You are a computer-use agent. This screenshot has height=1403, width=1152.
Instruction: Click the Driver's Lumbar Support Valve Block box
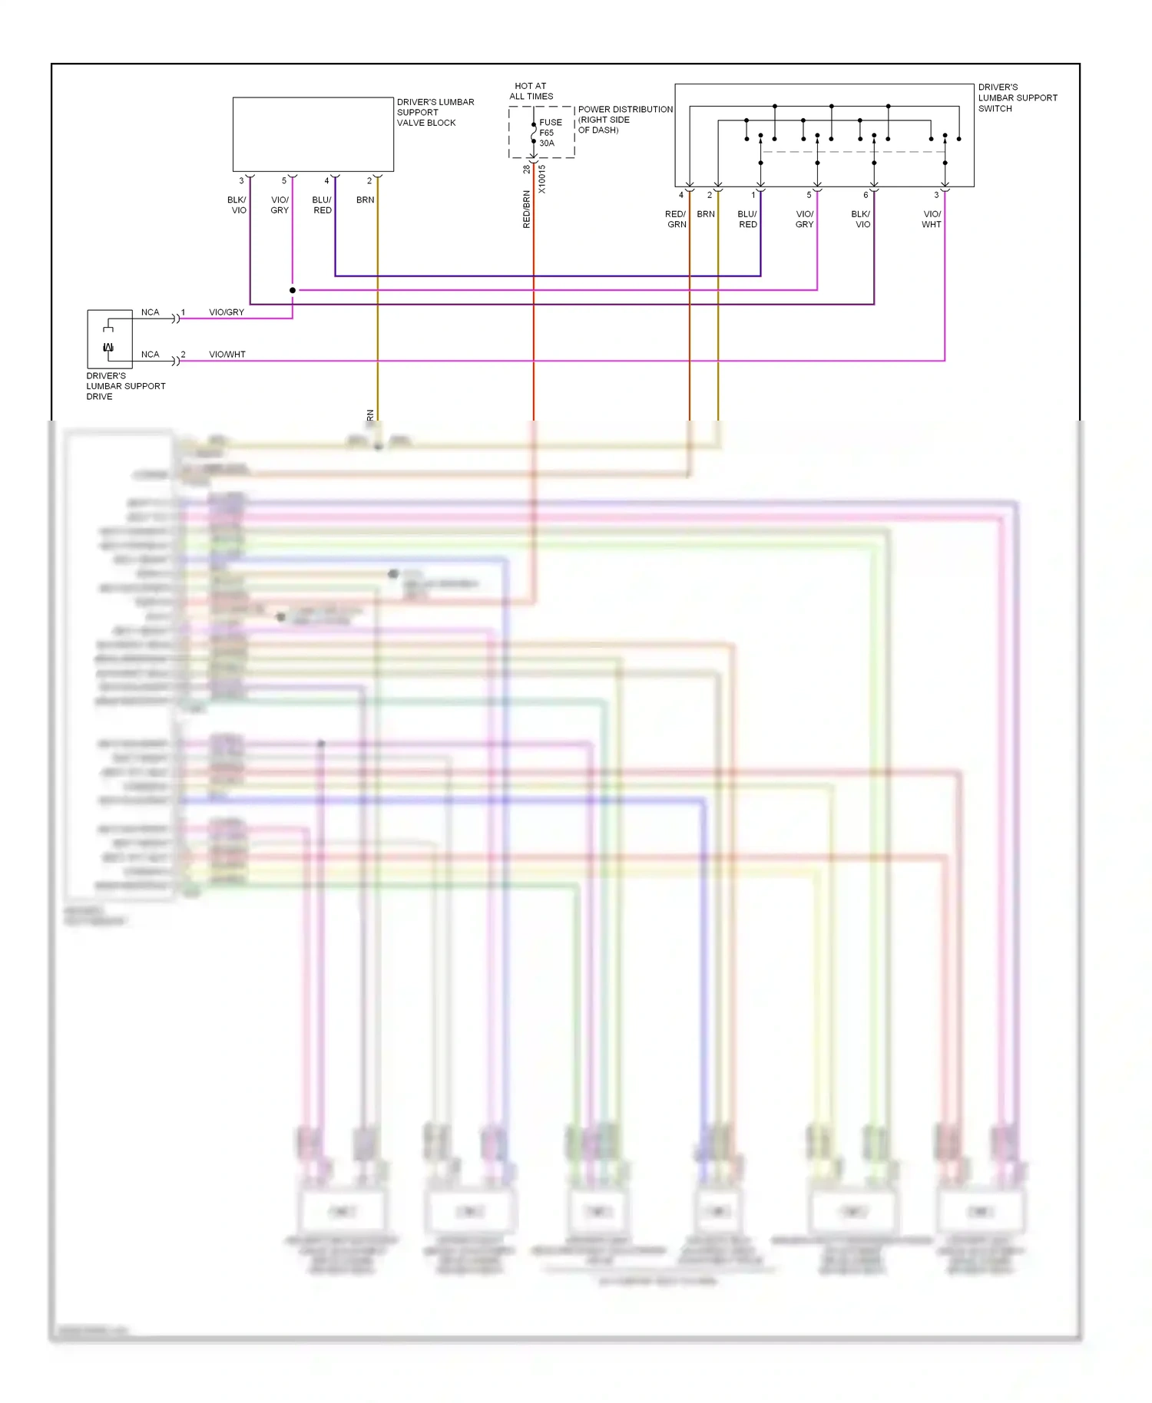(x=313, y=134)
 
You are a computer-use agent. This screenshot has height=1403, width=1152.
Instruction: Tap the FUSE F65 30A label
(x=550, y=133)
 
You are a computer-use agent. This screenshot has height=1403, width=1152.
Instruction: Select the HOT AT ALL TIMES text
(x=531, y=91)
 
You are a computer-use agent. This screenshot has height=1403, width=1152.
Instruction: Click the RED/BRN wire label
(x=526, y=209)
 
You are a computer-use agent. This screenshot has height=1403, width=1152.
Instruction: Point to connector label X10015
(x=541, y=179)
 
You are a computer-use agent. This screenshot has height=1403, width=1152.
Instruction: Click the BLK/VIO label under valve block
(x=237, y=205)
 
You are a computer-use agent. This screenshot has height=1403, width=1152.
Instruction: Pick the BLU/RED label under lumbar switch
(x=747, y=220)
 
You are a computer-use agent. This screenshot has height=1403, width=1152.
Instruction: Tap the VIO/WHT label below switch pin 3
(x=932, y=220)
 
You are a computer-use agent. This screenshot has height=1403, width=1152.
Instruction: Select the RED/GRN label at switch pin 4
(x=676, y=220)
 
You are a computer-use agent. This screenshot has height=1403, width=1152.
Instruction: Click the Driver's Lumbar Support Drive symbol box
(x=110, y=339)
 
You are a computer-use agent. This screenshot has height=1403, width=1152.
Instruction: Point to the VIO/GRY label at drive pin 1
(x=227, y=312)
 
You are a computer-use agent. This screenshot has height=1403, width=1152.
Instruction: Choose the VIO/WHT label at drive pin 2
(x=227, y=355)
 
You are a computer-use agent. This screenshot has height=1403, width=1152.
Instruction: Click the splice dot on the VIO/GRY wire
(x=293, y=290)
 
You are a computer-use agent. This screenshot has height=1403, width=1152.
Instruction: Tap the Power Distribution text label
(x=624, y=120)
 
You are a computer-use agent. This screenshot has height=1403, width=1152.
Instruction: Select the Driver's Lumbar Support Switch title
(x=1017, y=97)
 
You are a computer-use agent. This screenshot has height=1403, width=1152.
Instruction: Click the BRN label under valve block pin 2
(x=365, y=200)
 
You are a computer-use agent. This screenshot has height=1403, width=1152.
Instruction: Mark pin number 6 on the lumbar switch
(x=866, y=195)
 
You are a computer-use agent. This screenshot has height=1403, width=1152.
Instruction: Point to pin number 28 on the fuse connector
(x=526, y=169)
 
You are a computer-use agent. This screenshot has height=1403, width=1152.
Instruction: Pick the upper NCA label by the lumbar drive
(x=150, y=312)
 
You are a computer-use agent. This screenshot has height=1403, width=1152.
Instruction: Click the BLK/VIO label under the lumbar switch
(x=861, y=220)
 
